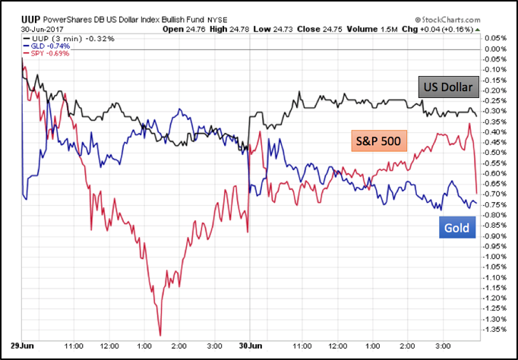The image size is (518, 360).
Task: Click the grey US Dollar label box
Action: [447, 88]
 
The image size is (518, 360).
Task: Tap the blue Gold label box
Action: [456, 228]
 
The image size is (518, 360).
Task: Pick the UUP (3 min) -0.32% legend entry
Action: [64, 37]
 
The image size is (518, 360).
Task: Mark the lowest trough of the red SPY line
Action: [160, 334]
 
